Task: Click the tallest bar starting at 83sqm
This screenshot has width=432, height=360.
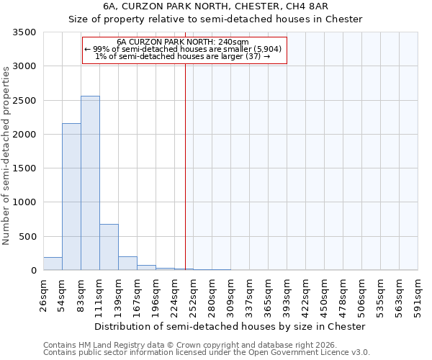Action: point(90,183)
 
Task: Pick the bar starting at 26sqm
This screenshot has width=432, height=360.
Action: point(53,264)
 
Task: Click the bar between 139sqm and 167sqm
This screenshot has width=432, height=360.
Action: point(127,263)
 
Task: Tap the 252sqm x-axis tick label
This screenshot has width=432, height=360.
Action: point(193,294)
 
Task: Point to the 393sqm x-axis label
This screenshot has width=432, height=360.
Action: point(287,294)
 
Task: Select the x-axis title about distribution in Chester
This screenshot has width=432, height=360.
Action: point(230,326)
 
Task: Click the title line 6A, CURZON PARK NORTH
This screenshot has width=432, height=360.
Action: point(215,6)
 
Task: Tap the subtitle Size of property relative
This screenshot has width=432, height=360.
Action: point(215,19)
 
